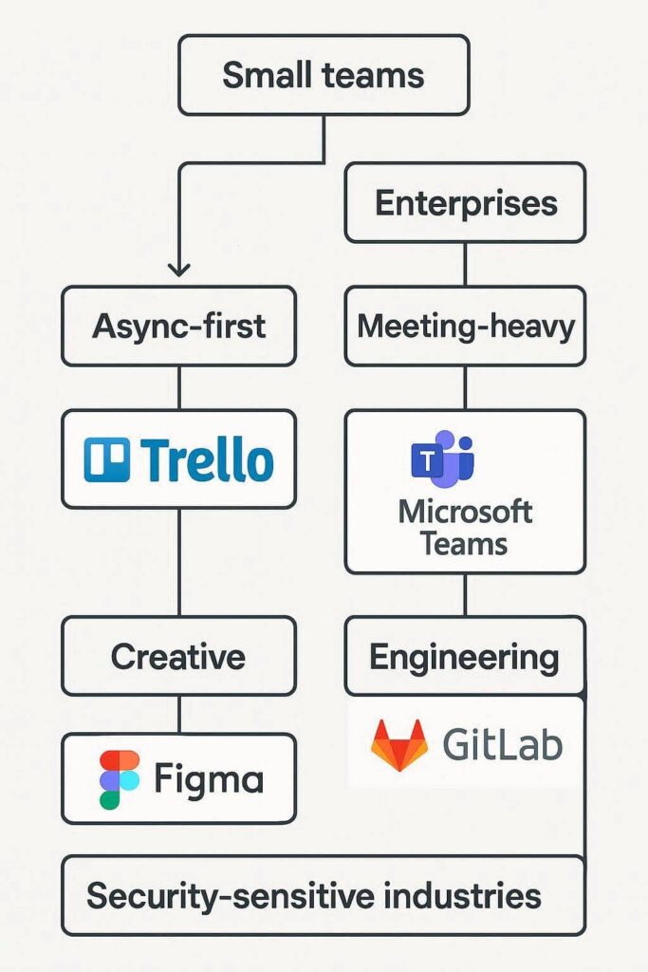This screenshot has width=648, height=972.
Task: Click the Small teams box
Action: (x=324, y=76)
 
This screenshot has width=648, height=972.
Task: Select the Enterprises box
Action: (x=465, y=202)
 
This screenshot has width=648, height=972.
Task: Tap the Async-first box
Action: (x=179, y=327)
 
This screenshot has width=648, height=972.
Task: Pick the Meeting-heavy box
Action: (x=465, y=327)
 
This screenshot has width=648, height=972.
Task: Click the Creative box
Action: (x=179, y=656)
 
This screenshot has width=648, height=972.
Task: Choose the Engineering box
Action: (x=465, y=656)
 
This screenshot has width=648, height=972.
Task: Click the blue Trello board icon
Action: (x=106, y=460)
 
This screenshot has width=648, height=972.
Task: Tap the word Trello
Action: (x=206, y=460)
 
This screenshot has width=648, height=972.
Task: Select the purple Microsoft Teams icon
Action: (x=442, y=458)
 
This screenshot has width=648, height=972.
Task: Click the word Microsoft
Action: (x=465, y=513)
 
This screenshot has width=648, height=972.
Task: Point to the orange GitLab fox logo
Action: (x=399, y=745)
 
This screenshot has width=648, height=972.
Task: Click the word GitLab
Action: (x=502, y=745)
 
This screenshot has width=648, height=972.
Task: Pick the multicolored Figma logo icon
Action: (x=119, y=779)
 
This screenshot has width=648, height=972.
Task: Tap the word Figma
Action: (x=209, y=780)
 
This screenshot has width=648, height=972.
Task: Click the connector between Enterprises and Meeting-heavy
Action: (x=465, y=264)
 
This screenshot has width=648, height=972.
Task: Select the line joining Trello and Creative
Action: (x=179, y=562)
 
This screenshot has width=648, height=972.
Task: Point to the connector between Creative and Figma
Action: (x=179, y=715)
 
